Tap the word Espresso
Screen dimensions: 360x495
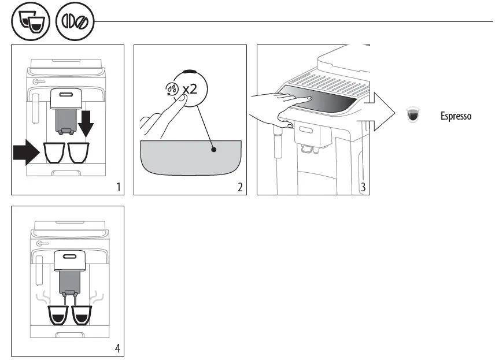tap(456, 116)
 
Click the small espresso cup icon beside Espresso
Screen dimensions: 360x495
tap(413, 116)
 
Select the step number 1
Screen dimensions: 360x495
tap(118, 187)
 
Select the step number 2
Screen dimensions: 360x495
tap(241, 187)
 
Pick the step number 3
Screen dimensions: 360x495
tap(363, 187)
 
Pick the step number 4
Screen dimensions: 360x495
tap(118, 348)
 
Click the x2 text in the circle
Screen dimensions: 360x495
tap(190, 90)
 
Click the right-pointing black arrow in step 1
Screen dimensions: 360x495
tap(27, 153)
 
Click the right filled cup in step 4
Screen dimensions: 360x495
tap(82, 314)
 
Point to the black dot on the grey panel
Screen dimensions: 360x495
tap(213, 149)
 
